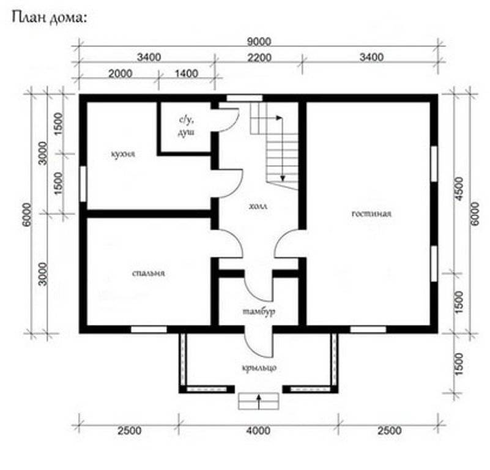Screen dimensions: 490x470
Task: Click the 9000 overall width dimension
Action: click(x=259, y=42)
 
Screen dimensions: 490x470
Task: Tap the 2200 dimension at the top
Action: click(x=259, y=58)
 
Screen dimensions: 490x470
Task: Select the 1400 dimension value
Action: click(x=186, y=74)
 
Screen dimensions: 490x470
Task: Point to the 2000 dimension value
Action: click(x=121, y=74)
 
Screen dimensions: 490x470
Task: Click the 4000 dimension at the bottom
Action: click(x=258, y=431)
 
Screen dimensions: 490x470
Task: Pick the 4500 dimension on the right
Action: click(x=459, y=188)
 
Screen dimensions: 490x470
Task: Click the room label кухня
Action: click(x=123, y=154)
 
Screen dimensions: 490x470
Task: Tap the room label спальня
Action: click(x=149, y=274)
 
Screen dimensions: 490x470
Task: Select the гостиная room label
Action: click(x=371, y=214)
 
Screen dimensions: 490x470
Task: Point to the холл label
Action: click(x=258, y=206)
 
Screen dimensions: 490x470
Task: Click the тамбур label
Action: click(x=259, y=311)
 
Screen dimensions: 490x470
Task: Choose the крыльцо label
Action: click(x=259, y=368)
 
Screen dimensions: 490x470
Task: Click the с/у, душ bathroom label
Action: click(x=186, y=126)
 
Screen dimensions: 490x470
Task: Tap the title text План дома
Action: click(x=49, y=18)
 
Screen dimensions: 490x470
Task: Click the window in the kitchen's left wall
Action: click(x=83, y=184)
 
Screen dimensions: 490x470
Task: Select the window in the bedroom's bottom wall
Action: click(x=149, y=330)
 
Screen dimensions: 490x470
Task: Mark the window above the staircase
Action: click(x=244, y=98)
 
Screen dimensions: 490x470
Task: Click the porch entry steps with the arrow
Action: click(x=258, y=401)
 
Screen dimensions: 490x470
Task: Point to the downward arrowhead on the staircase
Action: click(x=283, y=178)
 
